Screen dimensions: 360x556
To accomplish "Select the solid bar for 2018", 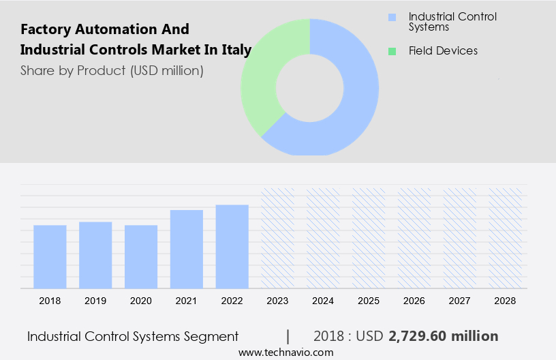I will [x=50, y=256].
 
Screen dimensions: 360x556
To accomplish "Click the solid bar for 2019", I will [x=95, y=254].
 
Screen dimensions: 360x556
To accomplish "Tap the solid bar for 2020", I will [x=141, y=256].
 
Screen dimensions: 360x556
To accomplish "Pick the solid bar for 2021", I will [x=187, y=249].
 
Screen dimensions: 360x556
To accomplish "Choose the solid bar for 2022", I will [x=232, y=246].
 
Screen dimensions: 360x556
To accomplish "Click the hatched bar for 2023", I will [x=278, y=238].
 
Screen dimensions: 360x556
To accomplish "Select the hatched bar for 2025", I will [x=369, y=238].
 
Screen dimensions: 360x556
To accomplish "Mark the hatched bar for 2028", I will [x=506, y=238].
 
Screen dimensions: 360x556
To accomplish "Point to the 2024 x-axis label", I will [x=323, y=301].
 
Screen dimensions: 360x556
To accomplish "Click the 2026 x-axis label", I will [x=414, y=301].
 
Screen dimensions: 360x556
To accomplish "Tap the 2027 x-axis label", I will [x=460, y=301].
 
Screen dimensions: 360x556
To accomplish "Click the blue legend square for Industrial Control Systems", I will [x=391, y=17].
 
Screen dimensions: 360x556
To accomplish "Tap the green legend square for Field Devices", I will [x=391, y=51].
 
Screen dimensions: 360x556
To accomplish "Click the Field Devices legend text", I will [x=443, y=51].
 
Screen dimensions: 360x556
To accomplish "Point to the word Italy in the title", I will [x=236, y=50].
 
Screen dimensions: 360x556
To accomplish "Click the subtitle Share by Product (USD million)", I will [x=112, y=70].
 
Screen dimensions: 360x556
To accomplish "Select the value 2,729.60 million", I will [x=443, y=336].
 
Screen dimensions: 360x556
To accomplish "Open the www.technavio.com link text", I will [x=285, y=352].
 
